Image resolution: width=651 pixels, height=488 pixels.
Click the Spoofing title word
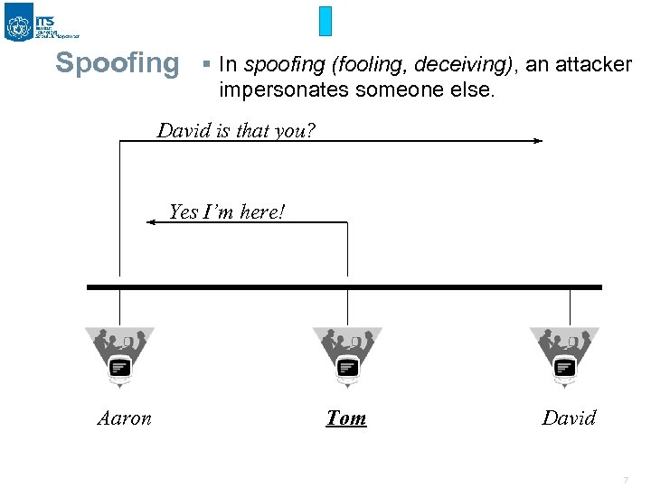118,63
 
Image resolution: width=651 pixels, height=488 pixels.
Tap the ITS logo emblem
19,23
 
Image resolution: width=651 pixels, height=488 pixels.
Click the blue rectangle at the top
325,21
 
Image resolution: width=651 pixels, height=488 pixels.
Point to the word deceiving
462,64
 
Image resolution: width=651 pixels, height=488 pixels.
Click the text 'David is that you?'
236,130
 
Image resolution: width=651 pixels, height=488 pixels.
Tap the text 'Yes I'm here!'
227,212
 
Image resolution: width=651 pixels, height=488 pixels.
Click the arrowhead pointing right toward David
537,141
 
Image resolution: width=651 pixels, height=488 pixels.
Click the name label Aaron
125,418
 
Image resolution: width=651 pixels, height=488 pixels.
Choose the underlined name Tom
346,418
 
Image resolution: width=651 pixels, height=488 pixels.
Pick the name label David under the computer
569,418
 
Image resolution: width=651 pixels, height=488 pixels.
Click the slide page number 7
624,480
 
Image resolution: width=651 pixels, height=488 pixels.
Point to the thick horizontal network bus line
344,287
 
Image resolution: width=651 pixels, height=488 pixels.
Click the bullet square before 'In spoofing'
206,64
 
